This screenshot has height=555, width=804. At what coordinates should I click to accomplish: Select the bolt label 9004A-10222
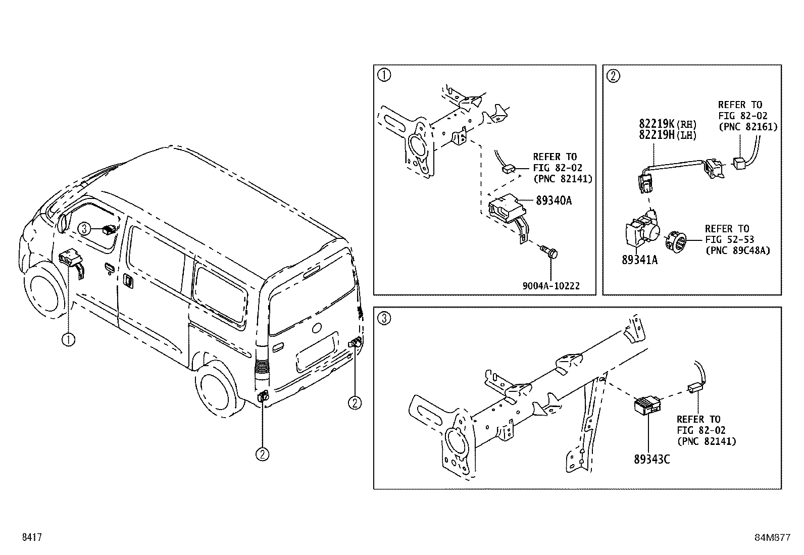tap(551, 286)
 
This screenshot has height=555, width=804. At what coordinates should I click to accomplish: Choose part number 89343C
tap(651, 459)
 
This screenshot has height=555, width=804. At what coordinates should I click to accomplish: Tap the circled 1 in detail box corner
tap(384, 76)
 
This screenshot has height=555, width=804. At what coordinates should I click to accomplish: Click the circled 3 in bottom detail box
tap(384, 318)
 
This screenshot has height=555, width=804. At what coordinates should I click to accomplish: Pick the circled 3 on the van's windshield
tap(84, 229)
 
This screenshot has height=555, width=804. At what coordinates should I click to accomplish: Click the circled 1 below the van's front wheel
tap(68, 339)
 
